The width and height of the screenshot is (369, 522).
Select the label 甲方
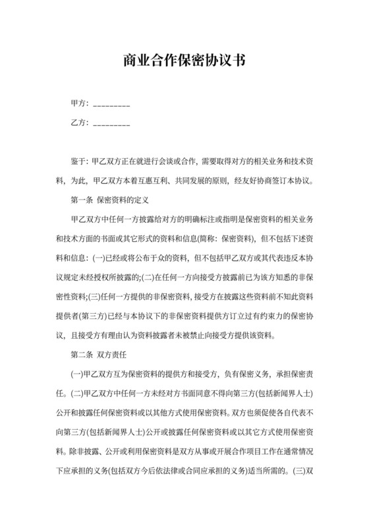[x=79, y=103]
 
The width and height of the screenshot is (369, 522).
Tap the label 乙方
[x=79, y=123]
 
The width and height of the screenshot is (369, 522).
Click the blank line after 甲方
[x=111, y=105]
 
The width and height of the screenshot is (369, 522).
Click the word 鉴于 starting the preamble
[x=78, y=161]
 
